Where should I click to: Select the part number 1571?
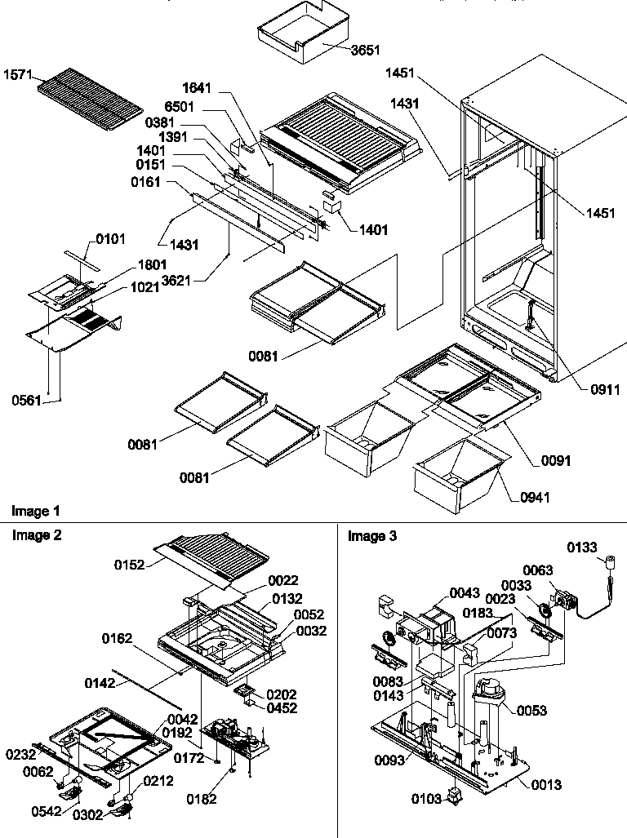18,73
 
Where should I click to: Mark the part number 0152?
130,562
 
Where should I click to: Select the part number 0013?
545,785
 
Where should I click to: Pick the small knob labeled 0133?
608,562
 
